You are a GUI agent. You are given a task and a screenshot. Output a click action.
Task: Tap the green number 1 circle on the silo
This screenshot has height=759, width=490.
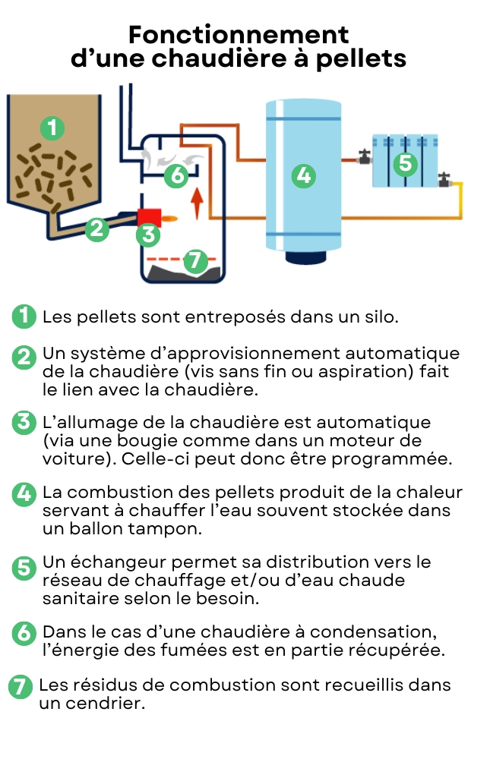pos(51,128)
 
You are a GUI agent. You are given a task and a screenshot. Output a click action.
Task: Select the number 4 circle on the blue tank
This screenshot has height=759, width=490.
pos(304,176)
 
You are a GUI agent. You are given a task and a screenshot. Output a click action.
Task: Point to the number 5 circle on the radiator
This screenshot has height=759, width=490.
pos(405,162)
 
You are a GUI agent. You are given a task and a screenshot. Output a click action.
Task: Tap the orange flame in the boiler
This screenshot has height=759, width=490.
pos(170,219)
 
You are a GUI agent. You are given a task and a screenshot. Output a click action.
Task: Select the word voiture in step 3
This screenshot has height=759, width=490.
pos(74,460)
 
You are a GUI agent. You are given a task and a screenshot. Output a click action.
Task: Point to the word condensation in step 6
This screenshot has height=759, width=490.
pos(380,632)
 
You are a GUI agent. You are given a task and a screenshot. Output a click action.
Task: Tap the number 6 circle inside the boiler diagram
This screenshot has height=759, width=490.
pos(176,176)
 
